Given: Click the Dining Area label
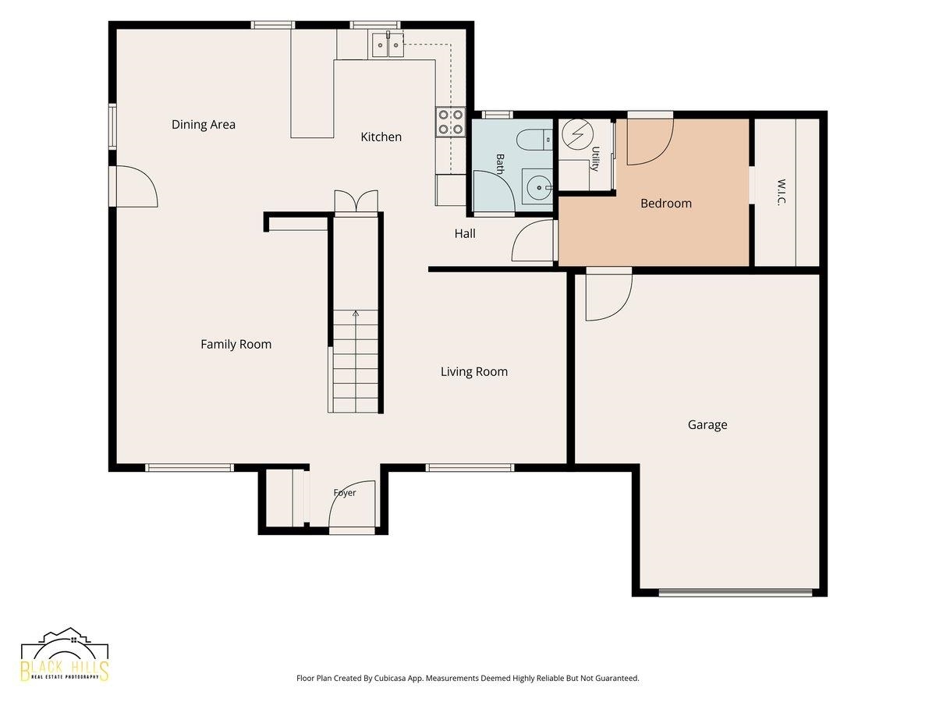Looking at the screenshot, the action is tap(204, 125).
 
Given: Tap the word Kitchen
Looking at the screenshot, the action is tap(381, 136).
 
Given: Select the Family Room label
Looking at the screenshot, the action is tap(236, 345).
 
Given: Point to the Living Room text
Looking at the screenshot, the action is tap(474, 372).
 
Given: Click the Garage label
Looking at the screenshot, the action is tap(707, 424).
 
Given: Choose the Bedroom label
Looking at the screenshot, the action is tap(666, 204).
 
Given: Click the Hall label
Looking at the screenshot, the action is tap(465, 233).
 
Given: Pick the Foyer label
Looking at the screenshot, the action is tap(345, 493).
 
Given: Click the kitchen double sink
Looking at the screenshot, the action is tap(388, 44).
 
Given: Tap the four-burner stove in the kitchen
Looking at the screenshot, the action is tap(451, 122).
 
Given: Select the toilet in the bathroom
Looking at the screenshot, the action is tap(535, 140).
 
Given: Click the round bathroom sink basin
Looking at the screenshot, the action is tap(539, 187).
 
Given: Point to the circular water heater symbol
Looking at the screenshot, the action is tap(577, 134).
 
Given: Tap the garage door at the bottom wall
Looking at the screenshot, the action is tap(736, 592).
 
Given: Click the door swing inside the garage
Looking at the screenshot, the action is tap(609, 297).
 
